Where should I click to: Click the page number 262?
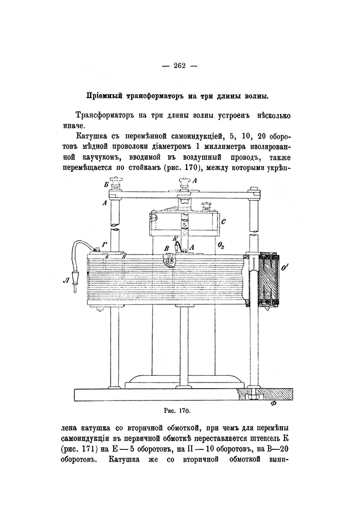point(179,65)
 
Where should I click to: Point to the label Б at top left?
point(106,184)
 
